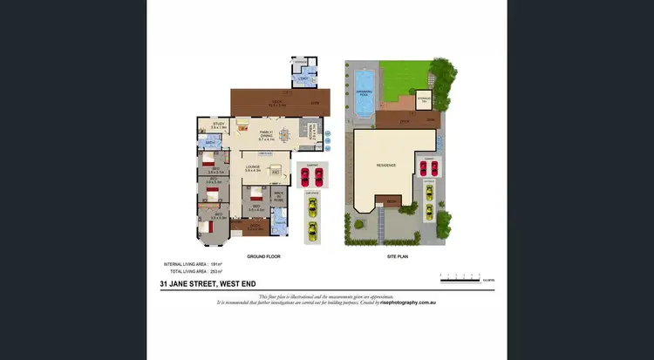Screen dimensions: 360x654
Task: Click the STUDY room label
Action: tap(218, 125)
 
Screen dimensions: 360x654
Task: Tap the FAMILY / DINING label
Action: tap(267, 134)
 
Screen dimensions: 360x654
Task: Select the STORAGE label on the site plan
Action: tap(424, 99)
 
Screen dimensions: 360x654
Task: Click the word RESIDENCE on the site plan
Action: tap(386, 165)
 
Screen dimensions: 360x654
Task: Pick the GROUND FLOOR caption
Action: tap(261, 257)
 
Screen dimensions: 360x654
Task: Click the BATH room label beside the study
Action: tap(211, 142)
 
